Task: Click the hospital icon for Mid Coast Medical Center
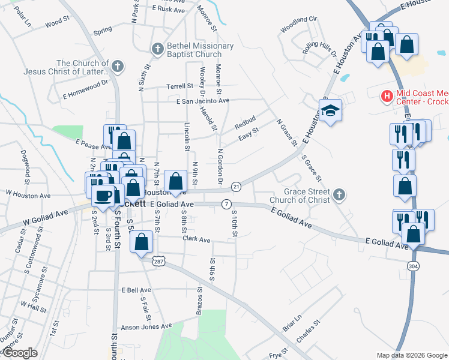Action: click(x=387, y=95)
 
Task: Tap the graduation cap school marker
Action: click(x=330, y=112)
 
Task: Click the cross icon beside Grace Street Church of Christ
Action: click(x=339, y=194)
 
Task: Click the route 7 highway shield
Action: click(x=226, y=204)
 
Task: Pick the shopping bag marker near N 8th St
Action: click(x=175, y=181)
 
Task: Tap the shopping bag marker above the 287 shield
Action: click(x=141, y=242)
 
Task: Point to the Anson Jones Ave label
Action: click(x=146, y=326)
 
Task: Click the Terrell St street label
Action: click(x=179, y=86)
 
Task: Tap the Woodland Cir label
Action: click(x=298, y=27)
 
